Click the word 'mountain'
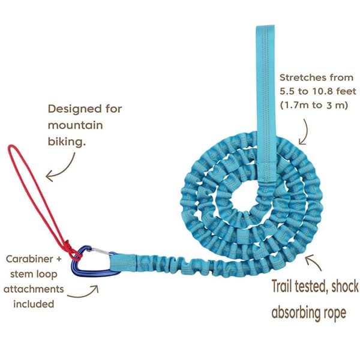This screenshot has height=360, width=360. tap(75, 125)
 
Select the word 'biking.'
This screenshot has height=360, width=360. tap(67, 142)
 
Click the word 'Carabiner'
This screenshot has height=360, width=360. tap(29, 259)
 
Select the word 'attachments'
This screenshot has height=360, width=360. tap(34, 289)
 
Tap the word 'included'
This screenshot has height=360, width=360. tap(34, 304)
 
